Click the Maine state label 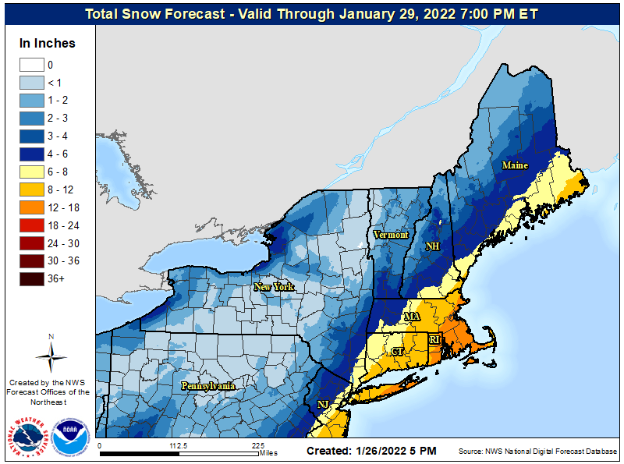(514, 165)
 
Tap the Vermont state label (391, 235)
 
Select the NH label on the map (432, 246)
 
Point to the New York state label (274, 287)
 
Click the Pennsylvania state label (208, 386)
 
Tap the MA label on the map (412, 316)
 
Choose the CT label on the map (397, 352)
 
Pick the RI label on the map (435, 339)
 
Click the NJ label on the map (323, 404)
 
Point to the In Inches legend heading (48, 43)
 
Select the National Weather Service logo (32, 437)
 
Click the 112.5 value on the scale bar (179, 445)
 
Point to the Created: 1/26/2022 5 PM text (371, 451)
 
